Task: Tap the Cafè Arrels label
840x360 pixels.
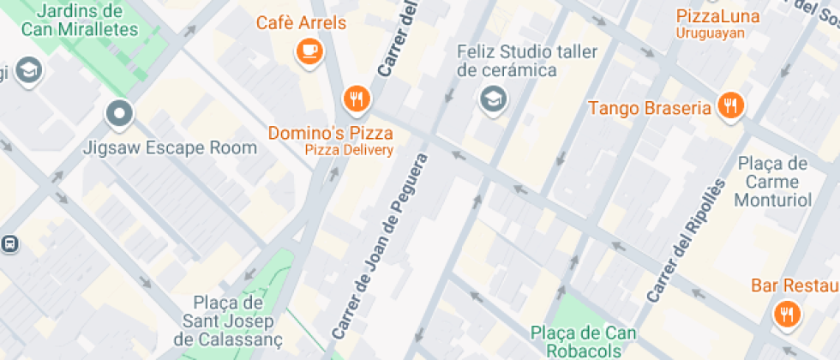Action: (301, 23)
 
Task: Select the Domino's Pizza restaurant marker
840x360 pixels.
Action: (356, 99)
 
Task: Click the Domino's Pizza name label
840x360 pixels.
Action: (331, 133)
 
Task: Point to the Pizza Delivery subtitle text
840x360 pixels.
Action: (349, 150)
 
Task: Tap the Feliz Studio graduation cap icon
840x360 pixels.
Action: (494, 99)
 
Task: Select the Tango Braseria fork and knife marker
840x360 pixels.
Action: (730, 106)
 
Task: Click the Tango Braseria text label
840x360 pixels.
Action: (650, 108)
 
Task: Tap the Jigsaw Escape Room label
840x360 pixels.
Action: (170, 147)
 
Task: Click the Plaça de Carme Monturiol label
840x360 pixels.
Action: (772, 182)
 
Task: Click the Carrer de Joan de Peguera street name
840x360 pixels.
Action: (378, 247)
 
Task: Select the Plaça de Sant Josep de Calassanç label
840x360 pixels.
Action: (226, 322)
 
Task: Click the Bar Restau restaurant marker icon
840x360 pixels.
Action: (786, 314)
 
